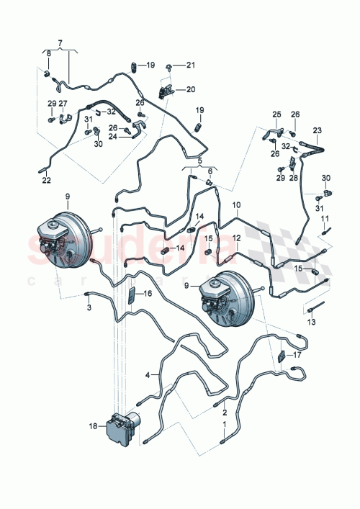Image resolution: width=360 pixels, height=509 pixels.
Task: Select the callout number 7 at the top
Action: click(x=60, y=42)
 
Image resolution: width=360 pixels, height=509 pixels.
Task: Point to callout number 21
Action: click(x=190, y=66)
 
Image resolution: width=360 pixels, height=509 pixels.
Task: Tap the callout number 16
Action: click(x=148, y=294)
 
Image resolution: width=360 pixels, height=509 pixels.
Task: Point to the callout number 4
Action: click(x=148, y=375)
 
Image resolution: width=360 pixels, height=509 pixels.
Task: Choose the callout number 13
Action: click(x=311, y=323)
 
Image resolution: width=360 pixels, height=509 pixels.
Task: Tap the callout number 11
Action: click(x=325, y=218)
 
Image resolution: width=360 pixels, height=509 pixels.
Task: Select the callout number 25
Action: click(x=277, y=114)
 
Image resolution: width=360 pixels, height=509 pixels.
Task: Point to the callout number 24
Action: click(x=112, y=134)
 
